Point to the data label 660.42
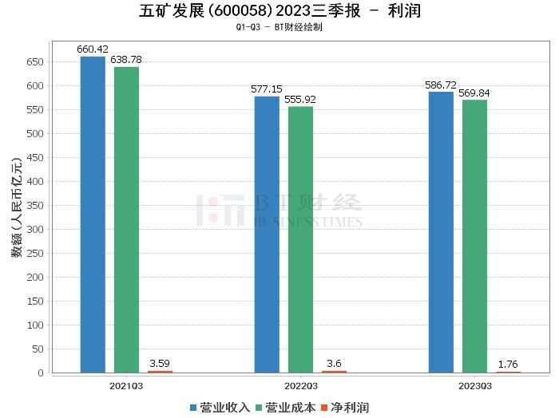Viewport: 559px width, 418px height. point(92,49)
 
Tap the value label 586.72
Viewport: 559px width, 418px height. point(441,85)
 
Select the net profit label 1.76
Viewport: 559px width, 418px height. point(508,365)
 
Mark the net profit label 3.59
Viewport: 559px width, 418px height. point(160,364)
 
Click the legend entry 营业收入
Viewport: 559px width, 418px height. point(220,408)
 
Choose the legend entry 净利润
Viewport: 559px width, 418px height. point(346,408)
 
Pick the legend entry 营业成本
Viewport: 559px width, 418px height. point(285,408)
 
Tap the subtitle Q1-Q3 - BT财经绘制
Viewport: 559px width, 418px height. point(279,26)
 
